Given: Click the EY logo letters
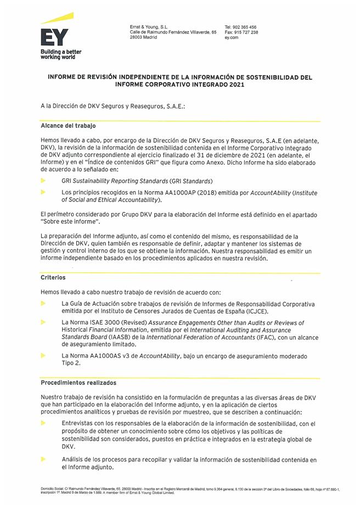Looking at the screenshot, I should point(54,36).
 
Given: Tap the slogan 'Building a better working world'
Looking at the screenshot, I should point(61,54).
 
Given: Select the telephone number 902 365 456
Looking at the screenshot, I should point(244,27).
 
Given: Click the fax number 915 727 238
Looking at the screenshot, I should point(245,32).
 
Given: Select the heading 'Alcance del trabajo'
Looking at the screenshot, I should point(68,126).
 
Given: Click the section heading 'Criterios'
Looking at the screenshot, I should point(53,278).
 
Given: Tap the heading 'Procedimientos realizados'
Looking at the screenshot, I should point(78,382).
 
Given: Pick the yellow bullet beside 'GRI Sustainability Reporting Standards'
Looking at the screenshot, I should point(43,180).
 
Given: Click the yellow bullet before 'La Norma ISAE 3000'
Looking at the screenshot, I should point(43,322).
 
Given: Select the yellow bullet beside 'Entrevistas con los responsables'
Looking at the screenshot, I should point(43,423).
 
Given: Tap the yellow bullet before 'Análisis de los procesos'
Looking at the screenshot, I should point(43,459).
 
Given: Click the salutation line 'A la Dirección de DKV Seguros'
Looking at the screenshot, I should point(113,105).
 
